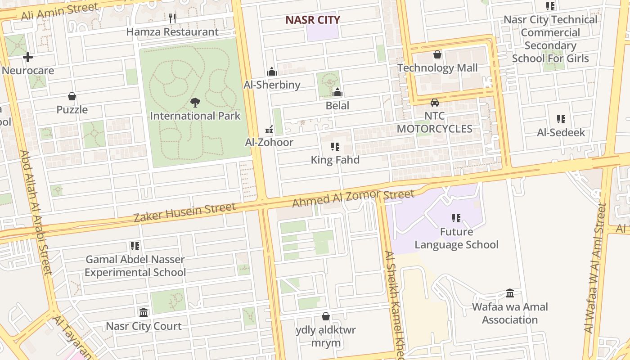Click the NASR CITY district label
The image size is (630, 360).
pyautogui.click(x=313, y=20)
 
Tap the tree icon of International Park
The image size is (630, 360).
pyautogui.click(x=195, y=103)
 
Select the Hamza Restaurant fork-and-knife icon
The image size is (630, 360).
pyautogui.click(x=172, y=18)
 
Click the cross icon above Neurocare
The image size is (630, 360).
pyautogui.click(x=28, y=57)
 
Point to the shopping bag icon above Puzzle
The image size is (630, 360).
pyautogui.click(x=72, y=96)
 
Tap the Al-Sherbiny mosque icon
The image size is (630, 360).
pyautogui.click(x=271, y=72)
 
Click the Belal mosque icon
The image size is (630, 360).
pyautogui.click(x=337, y=92)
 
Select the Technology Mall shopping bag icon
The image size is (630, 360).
pyautogui.click(x=437, y=55)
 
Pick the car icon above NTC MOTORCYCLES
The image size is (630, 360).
pyautogui.click(x=434, y=103)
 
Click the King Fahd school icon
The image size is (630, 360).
pyautogui.click(x=335, y=147)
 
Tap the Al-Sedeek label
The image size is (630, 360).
pyautogui.click(x=561, y=132)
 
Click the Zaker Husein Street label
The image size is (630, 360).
pyautogui.click(x=184, y=212)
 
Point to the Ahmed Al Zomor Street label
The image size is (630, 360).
pyautogui.click(x=353, y=198)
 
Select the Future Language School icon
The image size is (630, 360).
pyautogui.click(x=456, y=218)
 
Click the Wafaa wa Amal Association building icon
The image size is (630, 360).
pyautogui.click(x=510, y=293)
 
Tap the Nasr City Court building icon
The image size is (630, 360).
pyautogui.click(x=144, y=312)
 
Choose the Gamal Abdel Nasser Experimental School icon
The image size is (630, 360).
pyautogui.click(x=135, y=246)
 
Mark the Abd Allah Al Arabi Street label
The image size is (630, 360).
pyautogui.click(x=36, y=211)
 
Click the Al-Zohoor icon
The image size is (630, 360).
pyautogui.click(x=269, y=130)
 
